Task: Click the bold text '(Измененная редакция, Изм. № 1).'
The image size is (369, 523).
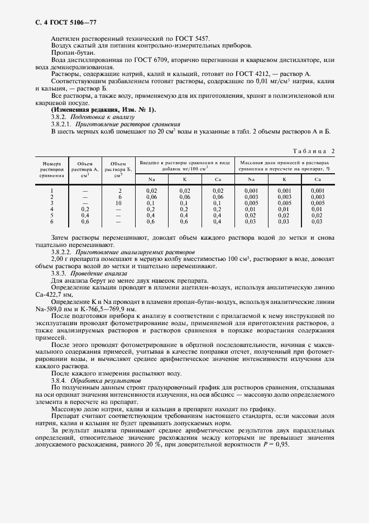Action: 96,110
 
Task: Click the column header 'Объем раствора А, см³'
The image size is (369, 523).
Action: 85,169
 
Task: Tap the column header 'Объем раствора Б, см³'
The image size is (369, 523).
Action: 118,169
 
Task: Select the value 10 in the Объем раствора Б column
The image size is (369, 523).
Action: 118,203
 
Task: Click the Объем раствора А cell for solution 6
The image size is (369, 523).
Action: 85,221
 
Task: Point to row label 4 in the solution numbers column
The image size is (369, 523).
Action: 52,209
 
